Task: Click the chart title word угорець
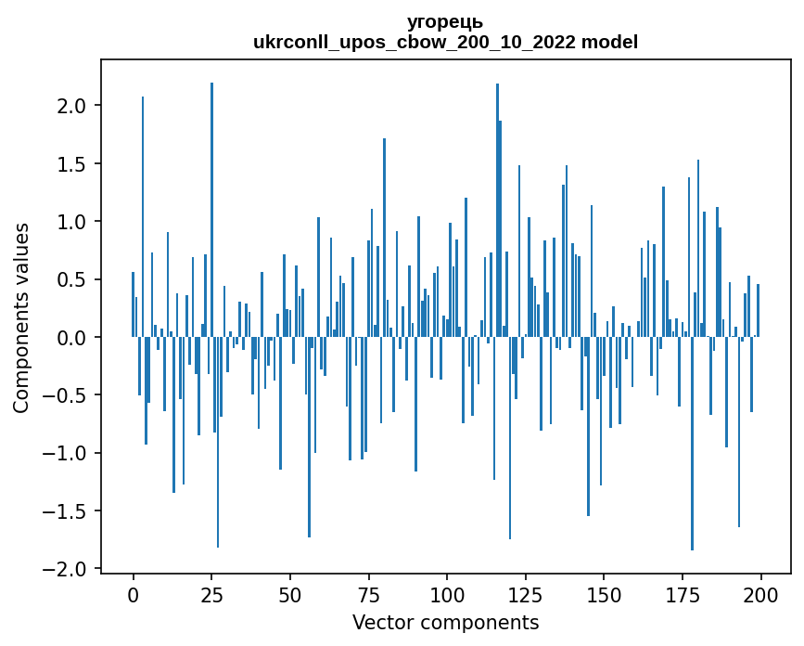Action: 444,21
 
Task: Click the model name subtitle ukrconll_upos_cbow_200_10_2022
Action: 415,42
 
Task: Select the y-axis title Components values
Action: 21,318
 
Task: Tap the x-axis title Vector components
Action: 445,623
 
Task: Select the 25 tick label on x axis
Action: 211,595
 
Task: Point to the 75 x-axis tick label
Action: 368,595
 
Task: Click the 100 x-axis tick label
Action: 447,595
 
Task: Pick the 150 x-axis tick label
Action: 604,595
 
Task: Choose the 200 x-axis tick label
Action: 760,595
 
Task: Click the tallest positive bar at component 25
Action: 211,210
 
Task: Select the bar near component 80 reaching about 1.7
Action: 385,238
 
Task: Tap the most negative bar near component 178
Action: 692,444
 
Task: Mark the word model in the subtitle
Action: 609,42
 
